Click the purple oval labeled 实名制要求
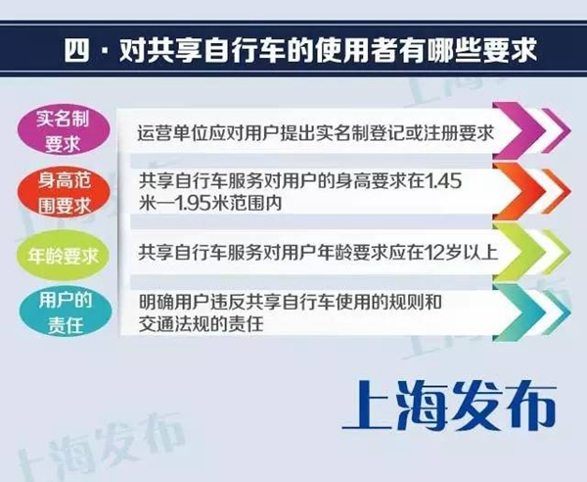pos(64,130)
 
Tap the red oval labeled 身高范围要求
pos(64,193)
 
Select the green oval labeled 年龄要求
pos(64,256)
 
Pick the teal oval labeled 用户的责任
pos(66,312)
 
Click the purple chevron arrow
pos(531,130)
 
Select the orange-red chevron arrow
pos(531,191)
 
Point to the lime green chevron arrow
pos(531,252)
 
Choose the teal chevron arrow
pos(531,313)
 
